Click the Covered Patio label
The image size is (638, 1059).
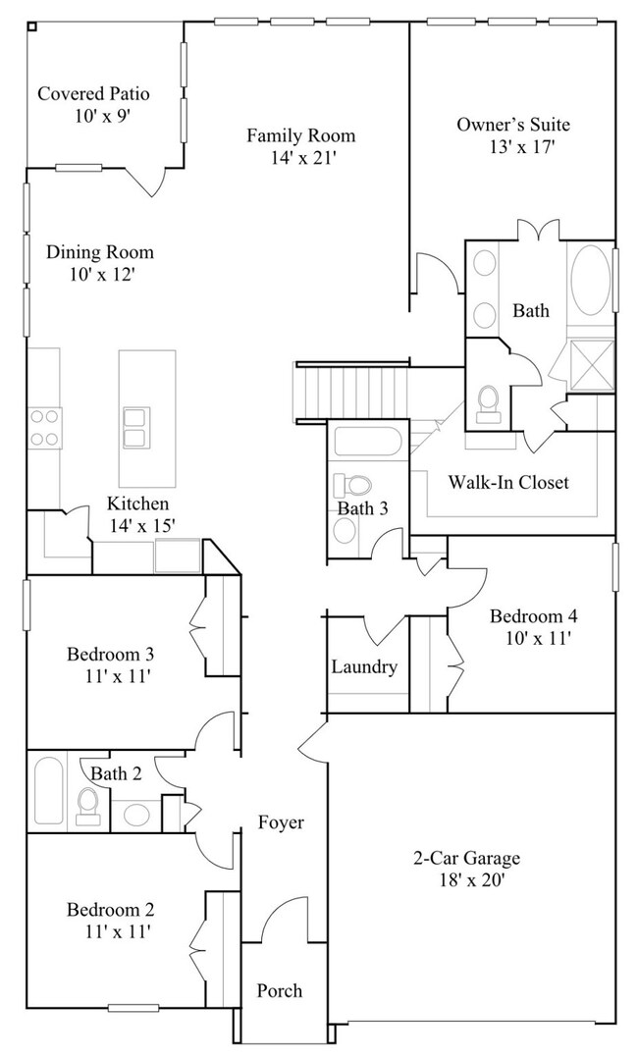point(93,94)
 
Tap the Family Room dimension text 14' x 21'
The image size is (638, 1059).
point(300,156)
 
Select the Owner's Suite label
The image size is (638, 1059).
point(512,125)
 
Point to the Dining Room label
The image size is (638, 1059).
point(99,252)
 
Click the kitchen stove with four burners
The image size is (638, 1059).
point(44,428)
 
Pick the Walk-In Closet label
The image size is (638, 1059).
point(507,482)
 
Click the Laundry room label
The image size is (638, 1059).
point(364,667)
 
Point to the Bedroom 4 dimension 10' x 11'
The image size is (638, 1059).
point(534,638)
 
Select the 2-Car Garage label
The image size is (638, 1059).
point(466,859)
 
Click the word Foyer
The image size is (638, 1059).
point(281,822)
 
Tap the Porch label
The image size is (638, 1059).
point(280,990)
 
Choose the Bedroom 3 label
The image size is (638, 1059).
point(110,654)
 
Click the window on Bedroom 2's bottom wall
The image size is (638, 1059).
point(133,1007)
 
